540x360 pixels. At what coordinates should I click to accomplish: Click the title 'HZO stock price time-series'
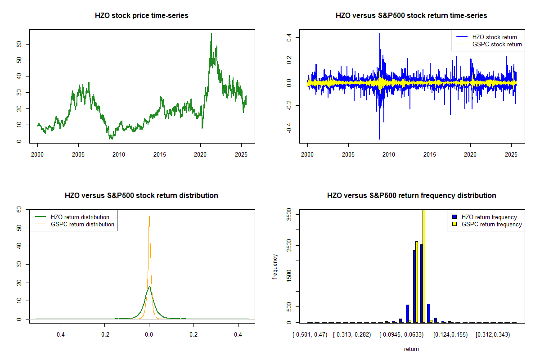point(142,16)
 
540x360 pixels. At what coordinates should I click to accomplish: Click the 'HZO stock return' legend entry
point(494,37)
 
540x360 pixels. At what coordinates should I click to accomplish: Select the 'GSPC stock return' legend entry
point(497,44)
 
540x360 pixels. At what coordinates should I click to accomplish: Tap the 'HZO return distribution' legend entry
point(80,217)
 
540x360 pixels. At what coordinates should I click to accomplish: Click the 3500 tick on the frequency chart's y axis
point(289,216)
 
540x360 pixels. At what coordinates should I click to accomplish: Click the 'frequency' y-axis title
point(275,266)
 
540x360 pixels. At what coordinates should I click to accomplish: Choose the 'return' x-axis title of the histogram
point(411,349)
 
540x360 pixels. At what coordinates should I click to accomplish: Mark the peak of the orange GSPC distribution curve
point(149,216)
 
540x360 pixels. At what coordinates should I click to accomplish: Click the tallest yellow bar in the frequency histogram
point(423,265)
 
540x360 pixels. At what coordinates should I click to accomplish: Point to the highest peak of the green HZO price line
point(211,34)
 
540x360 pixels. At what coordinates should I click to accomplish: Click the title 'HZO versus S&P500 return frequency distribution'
point(411,196)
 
